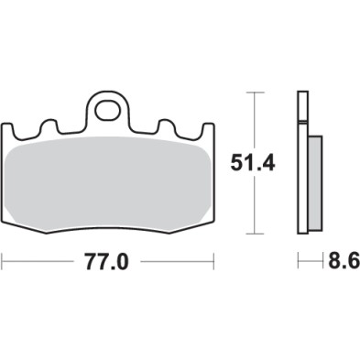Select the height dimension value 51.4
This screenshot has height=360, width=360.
tap(251, 166)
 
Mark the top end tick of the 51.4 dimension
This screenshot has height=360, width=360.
tap(254, 94)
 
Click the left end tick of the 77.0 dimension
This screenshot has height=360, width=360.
tap(3, 263)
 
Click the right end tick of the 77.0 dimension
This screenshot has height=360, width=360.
tap(216, 263)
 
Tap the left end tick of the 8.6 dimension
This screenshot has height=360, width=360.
tap(298, 263)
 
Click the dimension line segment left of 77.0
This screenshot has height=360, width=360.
tap(41, 263)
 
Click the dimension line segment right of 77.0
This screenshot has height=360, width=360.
tap(179, 263)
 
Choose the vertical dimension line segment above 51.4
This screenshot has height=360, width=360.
tap(254, 119)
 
